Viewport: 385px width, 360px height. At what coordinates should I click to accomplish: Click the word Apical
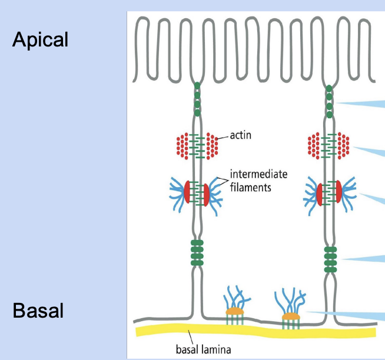point(40,39)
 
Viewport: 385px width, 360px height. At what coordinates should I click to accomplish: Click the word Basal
point(38,310)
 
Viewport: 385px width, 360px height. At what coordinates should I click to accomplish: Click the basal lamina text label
point(204,350)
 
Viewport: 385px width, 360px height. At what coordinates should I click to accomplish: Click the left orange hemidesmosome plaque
point(234,311)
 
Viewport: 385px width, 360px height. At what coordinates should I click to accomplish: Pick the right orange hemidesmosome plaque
point(290,316)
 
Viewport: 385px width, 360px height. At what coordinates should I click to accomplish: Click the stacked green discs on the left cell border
point(197,254)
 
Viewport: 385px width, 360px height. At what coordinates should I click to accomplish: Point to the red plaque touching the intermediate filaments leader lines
point(207,194)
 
